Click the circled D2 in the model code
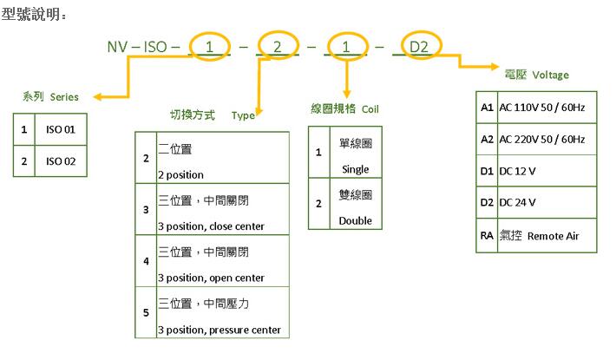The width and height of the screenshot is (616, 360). [418, 46]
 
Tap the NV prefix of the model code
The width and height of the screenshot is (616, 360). [117, 46]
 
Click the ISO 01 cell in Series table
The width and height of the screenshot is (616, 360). [61, 130]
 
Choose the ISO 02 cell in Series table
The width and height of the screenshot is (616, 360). [61, 160]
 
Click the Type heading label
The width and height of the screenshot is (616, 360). [243, 115]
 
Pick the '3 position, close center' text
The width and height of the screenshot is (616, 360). [211, 226]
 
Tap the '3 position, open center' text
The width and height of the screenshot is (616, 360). [211, 278]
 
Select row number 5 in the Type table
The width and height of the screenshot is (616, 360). [146, 312]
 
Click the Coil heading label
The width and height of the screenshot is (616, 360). [369, 109]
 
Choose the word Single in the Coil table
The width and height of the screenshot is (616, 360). [356, 169]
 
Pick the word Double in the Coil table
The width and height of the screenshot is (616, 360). [356, 220]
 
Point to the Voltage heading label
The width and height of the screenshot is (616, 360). [550, 75]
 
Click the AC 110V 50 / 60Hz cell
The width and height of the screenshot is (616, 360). [541, 108]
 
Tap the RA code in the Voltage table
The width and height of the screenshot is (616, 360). [487, 235]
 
